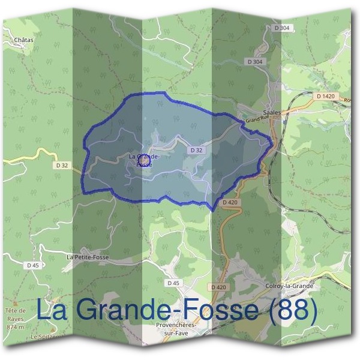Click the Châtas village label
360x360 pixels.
pos(24,40)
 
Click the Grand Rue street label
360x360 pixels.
pos(256,121)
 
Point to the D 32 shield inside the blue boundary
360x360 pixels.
pos(194,149)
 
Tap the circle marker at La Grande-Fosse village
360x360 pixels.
pos(143,160)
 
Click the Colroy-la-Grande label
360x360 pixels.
pos(289,286)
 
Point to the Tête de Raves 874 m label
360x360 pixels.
pos(15,318)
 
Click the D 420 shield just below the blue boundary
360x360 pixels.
pos(230,203)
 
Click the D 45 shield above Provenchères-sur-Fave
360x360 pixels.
pos(173,283)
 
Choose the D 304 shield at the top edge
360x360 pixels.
pos(283,28)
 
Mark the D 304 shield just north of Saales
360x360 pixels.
pos(254,62)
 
